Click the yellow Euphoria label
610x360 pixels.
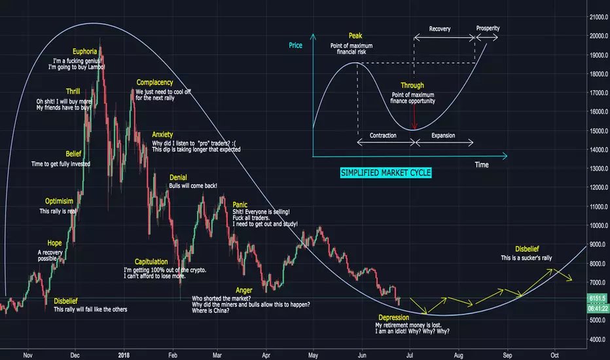pyautogui.click(x=85, y=51)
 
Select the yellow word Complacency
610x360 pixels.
pyautogui.click(x=154, y=82)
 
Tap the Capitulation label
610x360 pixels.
pyautogui.click(x=151, y=261)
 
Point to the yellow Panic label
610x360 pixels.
pyautogui.click(x=240, y=204)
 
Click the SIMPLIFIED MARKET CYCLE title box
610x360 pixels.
pyautogui.click(x=386, y=173)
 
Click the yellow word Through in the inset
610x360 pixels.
pyautogui.click(x=412, y=86)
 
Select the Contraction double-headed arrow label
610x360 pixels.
pyautogui.click(x=384, y=135)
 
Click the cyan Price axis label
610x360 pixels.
pyautogui.click(x=295, y=46)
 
